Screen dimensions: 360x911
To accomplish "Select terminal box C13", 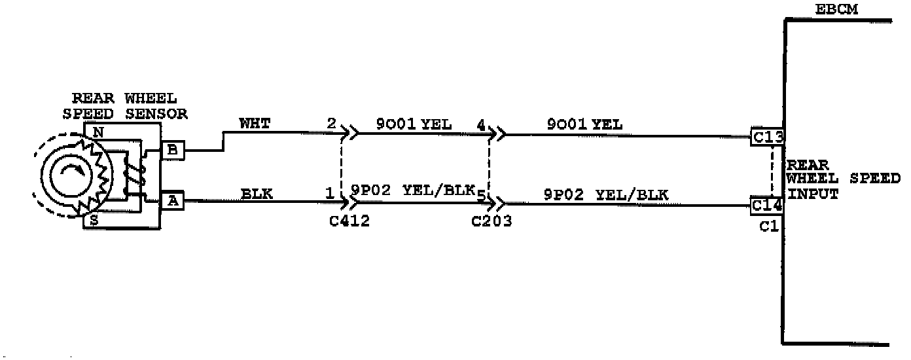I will click(768, 137).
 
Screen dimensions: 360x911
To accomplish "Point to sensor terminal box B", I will click(173, 151).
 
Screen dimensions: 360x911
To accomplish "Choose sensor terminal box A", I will click(173, 201).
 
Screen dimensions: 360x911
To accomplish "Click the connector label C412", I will click(349, 221).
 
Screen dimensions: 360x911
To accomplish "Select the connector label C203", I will click(491, 221).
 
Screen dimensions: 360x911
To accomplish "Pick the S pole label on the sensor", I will click(94, 221).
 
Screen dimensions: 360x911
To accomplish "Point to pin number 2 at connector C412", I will click(331, 123).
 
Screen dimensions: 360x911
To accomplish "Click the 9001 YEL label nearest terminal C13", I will click(584, 123).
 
